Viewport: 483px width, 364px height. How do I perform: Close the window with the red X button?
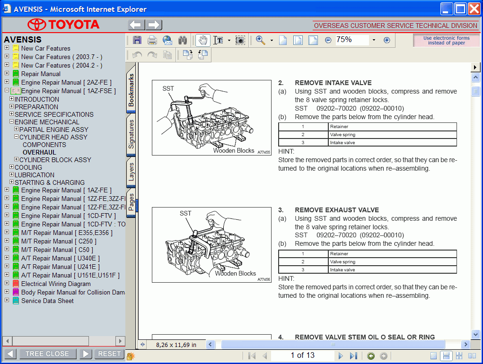pyautogui.click(x=474, y=9)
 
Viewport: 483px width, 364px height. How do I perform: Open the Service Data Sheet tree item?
pyautogui.click(x=47, y=301)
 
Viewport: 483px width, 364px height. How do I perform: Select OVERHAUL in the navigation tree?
pyautogui.click(x=39, y=152)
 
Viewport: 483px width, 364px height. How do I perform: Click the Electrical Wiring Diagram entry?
pyautogui.click(x=56, y=284)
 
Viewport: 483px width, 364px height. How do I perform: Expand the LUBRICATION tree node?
pyautogui.click(x=12, y=175)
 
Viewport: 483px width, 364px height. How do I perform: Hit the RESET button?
pyautogui.click(x=109, y=354)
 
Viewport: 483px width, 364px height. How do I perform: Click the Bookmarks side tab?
pyautogui.click(x=132, y=90)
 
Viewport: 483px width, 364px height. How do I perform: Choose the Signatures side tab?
pyautogui.click(x=132, y=134)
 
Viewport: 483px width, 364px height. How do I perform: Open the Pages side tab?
pyautogui.click(x=132, y=202)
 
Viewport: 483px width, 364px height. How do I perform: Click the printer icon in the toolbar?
pyautogui.click(x=152, y=40)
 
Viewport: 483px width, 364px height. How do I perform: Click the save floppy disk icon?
pyautogui.click(x=137, y=40)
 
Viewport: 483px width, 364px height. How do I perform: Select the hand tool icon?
pyautogui.click(x=202, y=40)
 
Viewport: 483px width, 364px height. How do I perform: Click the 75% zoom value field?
pyautogui.click(x=351, y=40)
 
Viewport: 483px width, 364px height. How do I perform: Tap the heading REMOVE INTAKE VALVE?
pyautogui.click(x=333, y=83)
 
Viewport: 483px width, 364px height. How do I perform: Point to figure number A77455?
pyautogui.click(x=264, y=152)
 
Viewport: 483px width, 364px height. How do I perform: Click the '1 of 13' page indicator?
pyautogui.click(x=302, y=355)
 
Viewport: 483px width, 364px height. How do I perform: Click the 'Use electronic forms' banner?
pyautogui.click(x=446, y=40)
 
